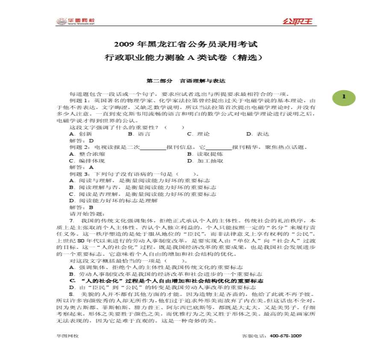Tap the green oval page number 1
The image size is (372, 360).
343,97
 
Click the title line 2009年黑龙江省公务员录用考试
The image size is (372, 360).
186,44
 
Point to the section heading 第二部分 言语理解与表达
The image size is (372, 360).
186,80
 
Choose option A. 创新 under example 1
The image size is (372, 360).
80,134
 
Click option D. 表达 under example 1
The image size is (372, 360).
258,134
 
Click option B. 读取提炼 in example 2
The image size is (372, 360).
205,154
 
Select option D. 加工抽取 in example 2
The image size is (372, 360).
205,161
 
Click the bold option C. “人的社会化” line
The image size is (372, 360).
166,280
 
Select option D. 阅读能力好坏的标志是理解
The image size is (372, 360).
113,201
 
